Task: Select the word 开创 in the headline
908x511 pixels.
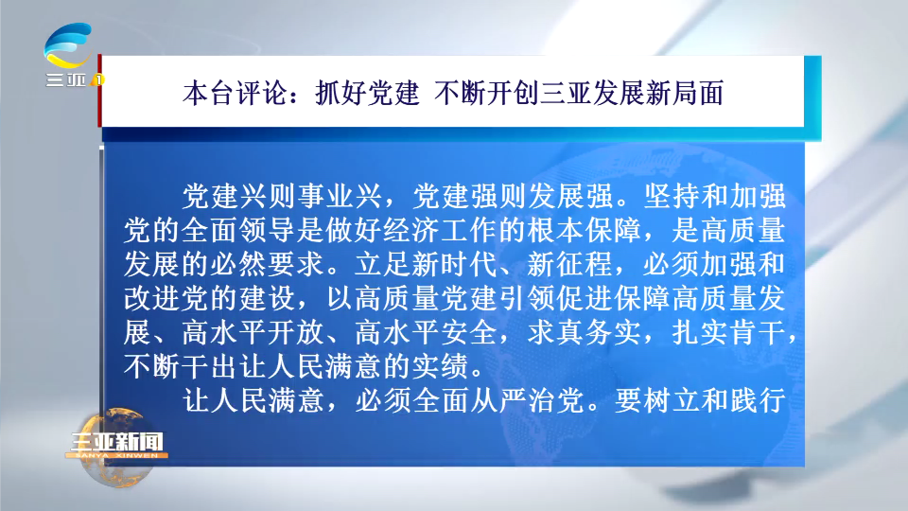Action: pyautogui.click(x=513, y=93)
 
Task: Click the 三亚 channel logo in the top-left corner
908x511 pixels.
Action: pyautogui.click(x=69, y=55)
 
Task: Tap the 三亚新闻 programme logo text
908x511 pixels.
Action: pyautogui.click(x=116, y=442)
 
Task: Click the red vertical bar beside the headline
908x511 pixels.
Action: pyautogui.click(x=99, y=90)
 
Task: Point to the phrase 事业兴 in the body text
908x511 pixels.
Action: pyautogui.click(x=340, y=197)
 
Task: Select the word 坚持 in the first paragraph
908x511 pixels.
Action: pyautogui.click(x=672, y=197)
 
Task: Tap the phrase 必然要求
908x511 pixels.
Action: pyautogui.click(x=268, y=264)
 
